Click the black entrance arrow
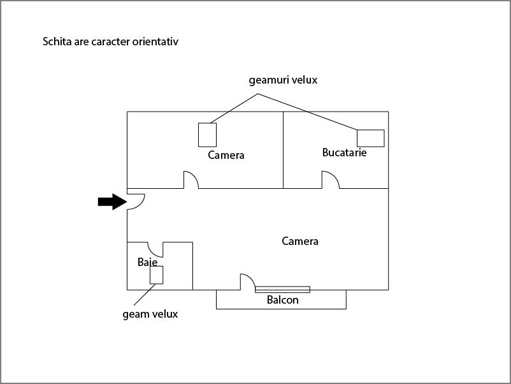pos(112,202)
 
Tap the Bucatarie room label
pos(344,152)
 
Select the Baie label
pos(147,262)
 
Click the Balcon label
pos(282,300)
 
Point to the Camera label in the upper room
pos(226,155)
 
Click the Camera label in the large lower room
pos(300,241)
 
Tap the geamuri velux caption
pos(283,80)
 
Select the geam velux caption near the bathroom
pos(150,314)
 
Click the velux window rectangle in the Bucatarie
pos(371,138)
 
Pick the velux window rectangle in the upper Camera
pos(207,135)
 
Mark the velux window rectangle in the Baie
pos(157,275)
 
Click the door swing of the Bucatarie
pos(331,180)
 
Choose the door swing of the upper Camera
pos(191,180)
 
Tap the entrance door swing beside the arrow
pos(136,202)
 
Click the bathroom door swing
pos(155,249)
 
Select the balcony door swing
pos(248,282)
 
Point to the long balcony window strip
pos(282,290)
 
